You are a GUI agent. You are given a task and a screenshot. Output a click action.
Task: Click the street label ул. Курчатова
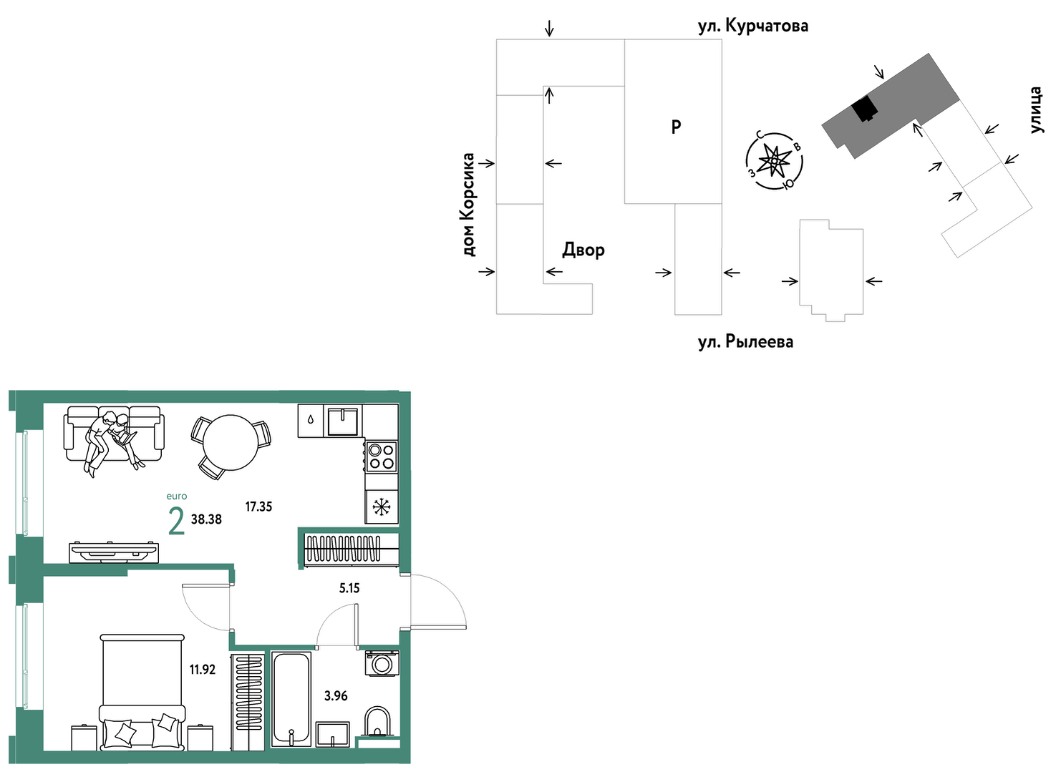click(753, 26)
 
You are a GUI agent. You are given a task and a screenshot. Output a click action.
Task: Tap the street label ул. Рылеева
click(745, 341)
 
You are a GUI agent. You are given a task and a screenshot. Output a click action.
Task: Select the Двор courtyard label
click(583, 250)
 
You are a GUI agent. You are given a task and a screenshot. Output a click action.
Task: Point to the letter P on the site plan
click(676, 127)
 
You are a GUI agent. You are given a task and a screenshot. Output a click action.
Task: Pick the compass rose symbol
click(774, 161)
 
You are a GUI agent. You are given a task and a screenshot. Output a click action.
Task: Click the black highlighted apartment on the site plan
click(864, 109)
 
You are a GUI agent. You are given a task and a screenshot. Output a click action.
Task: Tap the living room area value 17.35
click(258, 507)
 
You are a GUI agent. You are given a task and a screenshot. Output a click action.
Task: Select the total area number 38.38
click(206, 519)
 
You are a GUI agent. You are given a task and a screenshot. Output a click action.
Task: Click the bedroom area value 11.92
click(203, 670)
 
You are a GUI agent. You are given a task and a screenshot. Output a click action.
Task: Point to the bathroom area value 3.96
click(335, 695)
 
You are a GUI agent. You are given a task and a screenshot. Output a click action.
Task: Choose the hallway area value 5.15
click(349, 588)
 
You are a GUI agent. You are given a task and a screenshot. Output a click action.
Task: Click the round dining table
click(231, 443)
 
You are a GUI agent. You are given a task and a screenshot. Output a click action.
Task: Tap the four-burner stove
click(382, 456)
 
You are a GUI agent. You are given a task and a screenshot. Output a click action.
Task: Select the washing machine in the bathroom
click(382, 663)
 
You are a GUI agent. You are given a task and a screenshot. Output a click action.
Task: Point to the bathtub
click(291, 699)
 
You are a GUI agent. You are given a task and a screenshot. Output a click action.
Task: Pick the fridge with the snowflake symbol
click(382, 507)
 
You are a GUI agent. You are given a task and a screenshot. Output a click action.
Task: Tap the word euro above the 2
click(177, 497)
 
